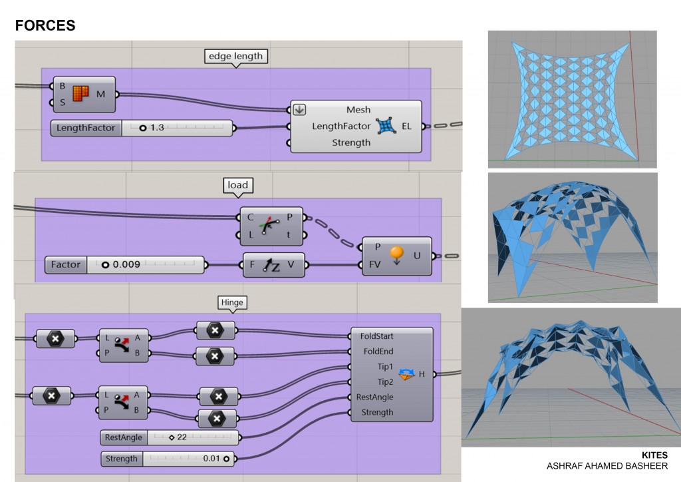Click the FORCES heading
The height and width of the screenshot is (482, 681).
click(45, 26)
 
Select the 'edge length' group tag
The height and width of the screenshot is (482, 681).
click(235, 57)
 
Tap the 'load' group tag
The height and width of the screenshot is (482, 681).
click(237, 186)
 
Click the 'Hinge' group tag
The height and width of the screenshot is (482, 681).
click(233, 302)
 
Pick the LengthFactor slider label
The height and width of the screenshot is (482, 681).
click(86, 127)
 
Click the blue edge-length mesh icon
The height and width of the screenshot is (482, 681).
click(386, 125)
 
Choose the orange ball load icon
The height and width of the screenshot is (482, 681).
click(396, 255)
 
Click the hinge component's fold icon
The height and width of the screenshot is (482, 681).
click(406, 373)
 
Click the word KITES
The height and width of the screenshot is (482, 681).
click(654, 455)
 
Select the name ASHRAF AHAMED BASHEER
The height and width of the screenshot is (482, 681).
click(607, 466)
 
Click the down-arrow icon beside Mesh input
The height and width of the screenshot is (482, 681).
click(299, 110)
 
